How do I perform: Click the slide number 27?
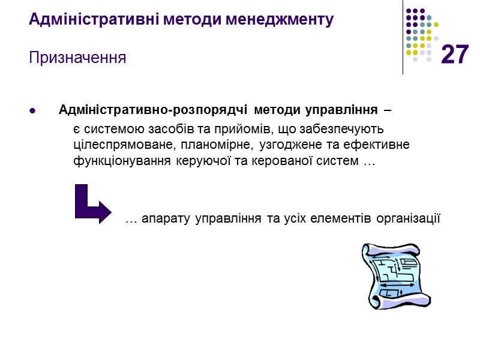click(x=454, y=55)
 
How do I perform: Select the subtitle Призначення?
click(x=77, y=58)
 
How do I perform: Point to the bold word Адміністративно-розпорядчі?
click(x=154, y=111)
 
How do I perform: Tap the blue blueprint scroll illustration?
click(x=392, y=275)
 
